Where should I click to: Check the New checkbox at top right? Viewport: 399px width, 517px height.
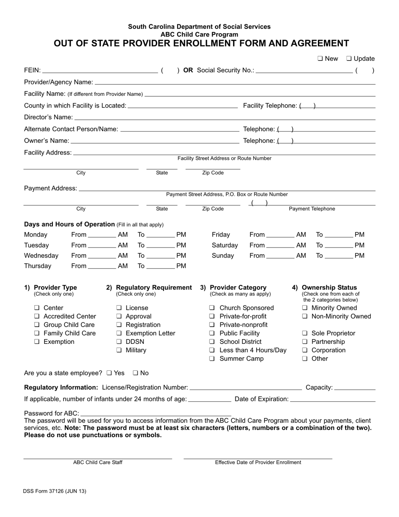[320, 59]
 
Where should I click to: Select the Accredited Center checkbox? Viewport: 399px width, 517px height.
[37, 317]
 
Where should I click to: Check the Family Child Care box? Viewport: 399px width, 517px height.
[37, 333]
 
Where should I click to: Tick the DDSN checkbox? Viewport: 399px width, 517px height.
[119, 342]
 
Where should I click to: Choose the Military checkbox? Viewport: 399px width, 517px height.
[119, 350]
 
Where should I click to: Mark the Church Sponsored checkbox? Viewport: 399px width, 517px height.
[212, 308]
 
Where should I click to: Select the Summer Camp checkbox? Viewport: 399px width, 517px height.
[212, 359]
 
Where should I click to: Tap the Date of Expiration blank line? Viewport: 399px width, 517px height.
[333, 399]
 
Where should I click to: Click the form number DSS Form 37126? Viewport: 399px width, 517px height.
[55, 491]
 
